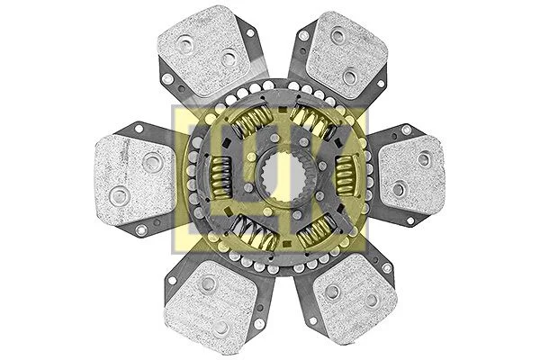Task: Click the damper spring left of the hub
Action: click(x=219, y=170)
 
